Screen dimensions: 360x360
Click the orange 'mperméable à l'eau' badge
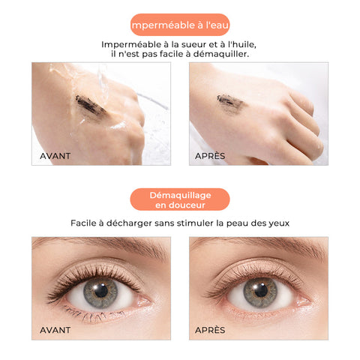point(180,25)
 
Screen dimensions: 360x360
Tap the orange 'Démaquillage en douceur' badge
point(180,199)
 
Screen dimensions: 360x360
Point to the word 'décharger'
point(129,223)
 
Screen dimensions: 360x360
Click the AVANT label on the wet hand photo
point(55,156)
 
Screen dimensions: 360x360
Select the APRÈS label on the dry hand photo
point(210,156)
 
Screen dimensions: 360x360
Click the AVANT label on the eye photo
point(55,330)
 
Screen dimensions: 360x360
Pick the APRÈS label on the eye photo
point(210,330)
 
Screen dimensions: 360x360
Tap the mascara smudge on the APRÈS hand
point(230,103)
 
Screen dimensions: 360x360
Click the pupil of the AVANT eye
point(101,291)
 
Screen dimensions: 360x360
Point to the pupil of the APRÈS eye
point(261,290)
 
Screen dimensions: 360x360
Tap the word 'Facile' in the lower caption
point(83,223)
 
